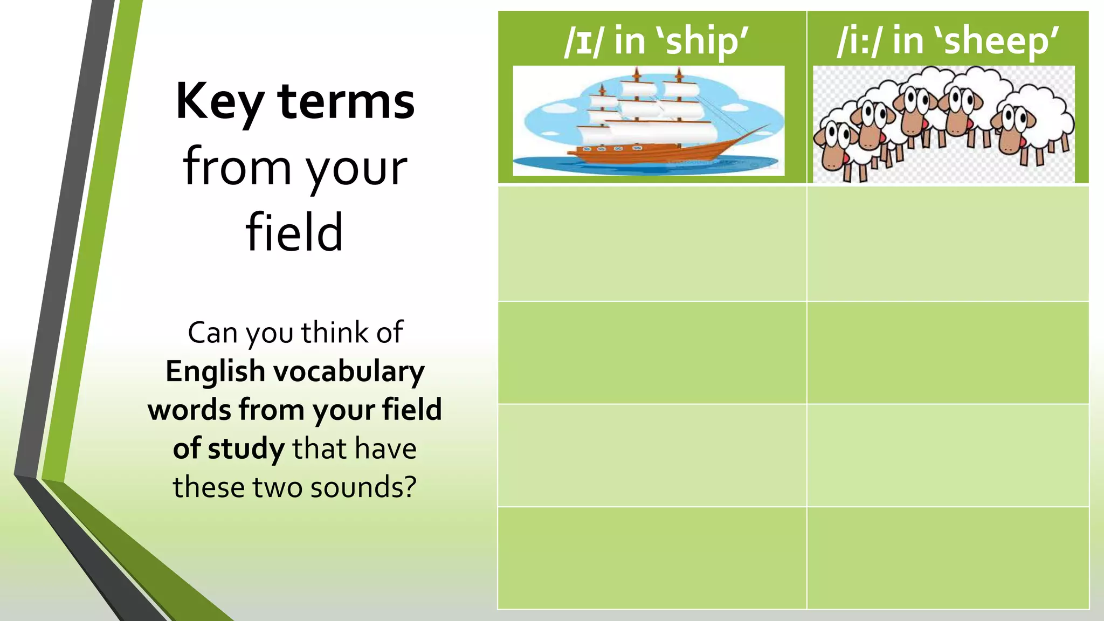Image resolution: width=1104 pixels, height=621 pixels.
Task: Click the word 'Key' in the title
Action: [x=220, y=102]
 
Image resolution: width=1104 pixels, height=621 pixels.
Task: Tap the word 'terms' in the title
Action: [x=347, y=101]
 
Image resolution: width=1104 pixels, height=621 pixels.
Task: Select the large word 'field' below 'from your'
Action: [x=294, y=233]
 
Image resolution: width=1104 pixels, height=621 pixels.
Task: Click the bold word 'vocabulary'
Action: [x=349, y=372]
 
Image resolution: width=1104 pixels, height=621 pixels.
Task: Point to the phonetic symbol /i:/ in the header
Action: [x=859, y=41]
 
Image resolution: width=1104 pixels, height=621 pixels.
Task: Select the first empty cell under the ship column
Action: [x=652, y=244]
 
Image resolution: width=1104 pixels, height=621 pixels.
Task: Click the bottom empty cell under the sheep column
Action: [x=948, y=558]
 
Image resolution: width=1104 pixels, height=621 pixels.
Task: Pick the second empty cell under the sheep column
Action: [x=948, y=353]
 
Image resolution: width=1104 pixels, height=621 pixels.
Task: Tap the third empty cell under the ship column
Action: [x=652, y=455]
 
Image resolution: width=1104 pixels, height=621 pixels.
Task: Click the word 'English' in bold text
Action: [x=215, y=372]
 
